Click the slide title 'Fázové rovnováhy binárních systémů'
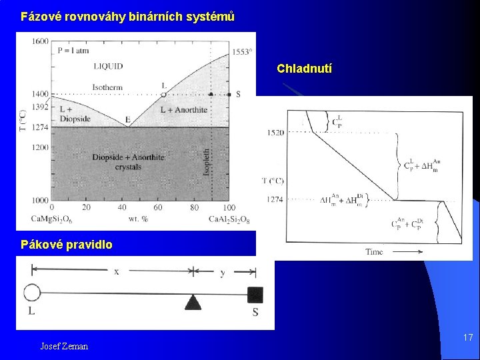[127, 17]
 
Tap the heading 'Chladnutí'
[305, 69]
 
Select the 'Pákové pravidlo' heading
[66, 245]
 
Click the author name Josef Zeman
[64, 346]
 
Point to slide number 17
[468, 338]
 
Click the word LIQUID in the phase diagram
[108, 66]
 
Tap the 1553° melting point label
[242, 52]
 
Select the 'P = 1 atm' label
[73, 50]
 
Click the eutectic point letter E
[127, 120]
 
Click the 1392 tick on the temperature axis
[40, 107]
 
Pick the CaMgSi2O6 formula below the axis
[53, 219]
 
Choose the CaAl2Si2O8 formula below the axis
[229, 219]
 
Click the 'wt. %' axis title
[138, 218]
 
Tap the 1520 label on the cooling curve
[275, 133]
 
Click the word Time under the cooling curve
[374, 251]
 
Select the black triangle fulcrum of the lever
[193, 303]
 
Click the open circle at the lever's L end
[31, 293]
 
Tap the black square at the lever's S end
[255, 294]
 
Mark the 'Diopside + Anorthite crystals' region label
[128, 162]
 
